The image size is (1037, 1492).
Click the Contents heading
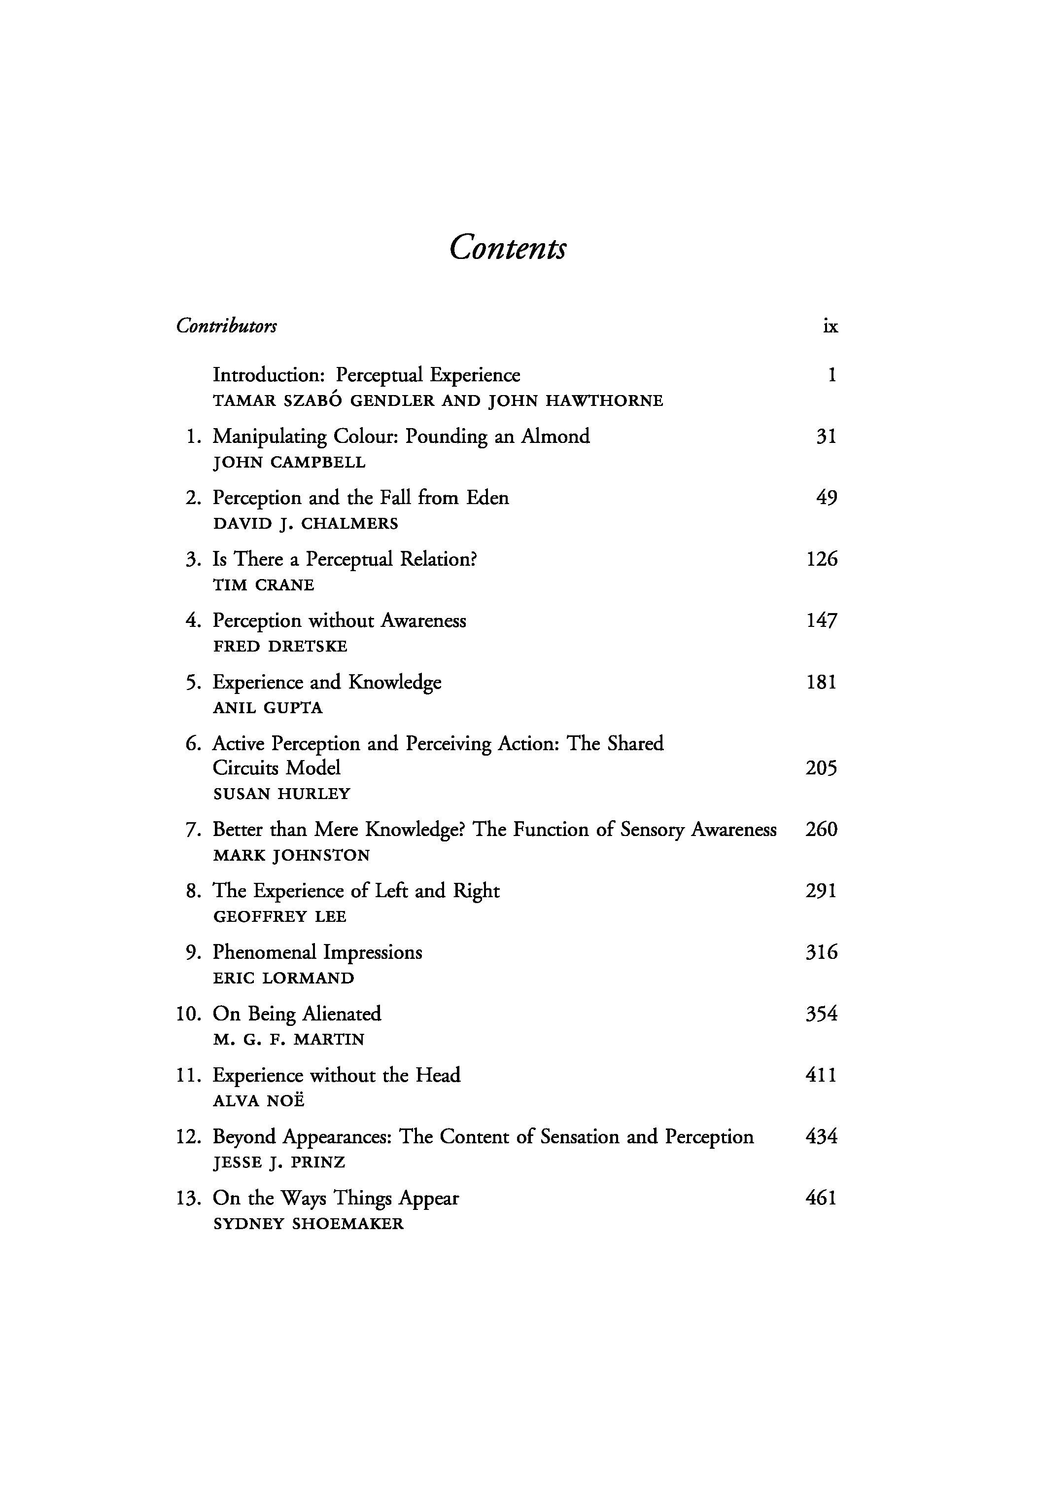point(508,248)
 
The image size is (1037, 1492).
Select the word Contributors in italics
point(226,326)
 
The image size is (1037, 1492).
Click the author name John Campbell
point(289,463)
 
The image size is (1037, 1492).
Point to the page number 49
point(826,498)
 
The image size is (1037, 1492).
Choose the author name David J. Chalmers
point(305,524)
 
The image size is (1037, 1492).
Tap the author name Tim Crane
point(263,585)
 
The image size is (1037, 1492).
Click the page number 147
point(822,620)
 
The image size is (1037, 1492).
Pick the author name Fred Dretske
point(280,647)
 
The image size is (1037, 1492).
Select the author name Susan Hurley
point(281,794)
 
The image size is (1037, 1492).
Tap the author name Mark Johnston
point(291,856)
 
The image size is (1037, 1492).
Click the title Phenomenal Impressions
point(317,952)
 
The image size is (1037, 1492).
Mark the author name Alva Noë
point(258,1101)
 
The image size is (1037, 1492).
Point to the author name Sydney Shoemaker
point(308,1224)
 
